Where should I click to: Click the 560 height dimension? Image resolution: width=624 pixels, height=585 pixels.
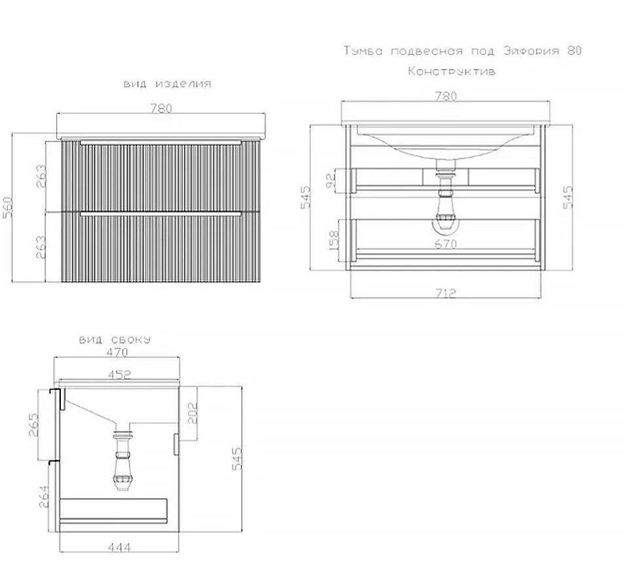tap(8, 207)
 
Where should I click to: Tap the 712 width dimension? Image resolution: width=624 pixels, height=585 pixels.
tap(446, 293)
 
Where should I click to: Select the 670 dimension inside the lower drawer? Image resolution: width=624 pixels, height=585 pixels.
tap(446, 244)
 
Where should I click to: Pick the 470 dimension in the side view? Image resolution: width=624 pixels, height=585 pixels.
tap(117, 352)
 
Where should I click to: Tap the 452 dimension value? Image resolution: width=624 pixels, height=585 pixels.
tap(119, 375)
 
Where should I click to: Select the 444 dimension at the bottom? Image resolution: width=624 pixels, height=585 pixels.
tap(119, 548)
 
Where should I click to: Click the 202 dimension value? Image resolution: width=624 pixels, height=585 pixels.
tap(193, 413)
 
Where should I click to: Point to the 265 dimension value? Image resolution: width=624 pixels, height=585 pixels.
tap(33, 425)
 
